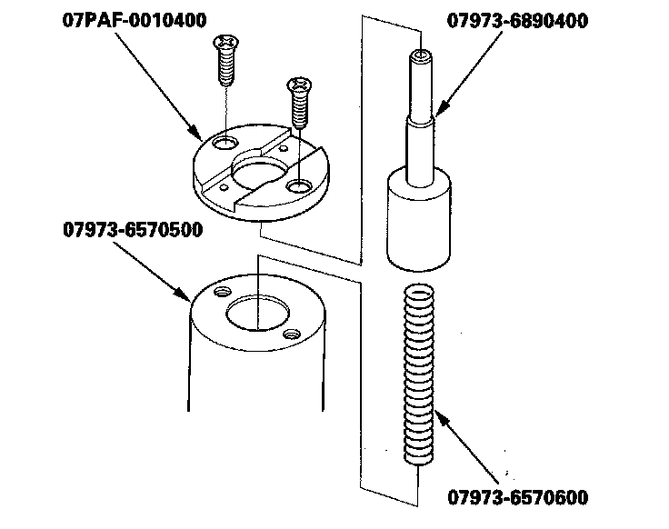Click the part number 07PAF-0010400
click(x=135, y=21)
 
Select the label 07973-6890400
click(x=517, y=21)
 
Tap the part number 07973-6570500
click(x=133, y=230)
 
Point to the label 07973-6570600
click(x=518, y=497)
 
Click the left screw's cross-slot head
click(x=225, y=42)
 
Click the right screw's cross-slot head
click(x=299, y=84)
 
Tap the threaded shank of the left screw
click(x=226, y=67)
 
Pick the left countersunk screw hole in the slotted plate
click(x=225, y=143)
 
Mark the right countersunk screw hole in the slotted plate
click(x=300, y=186)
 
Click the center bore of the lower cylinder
click(x=257, y=314)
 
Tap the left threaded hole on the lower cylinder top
click(x=223, y=292)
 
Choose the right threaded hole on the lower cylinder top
click(x=292, y=334)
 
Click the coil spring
click(x=419, y=374)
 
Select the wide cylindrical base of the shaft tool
click(x=418, y=219)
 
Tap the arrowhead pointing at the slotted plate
click(x=195, y=133)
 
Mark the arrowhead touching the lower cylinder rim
click(x=183, y=294)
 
